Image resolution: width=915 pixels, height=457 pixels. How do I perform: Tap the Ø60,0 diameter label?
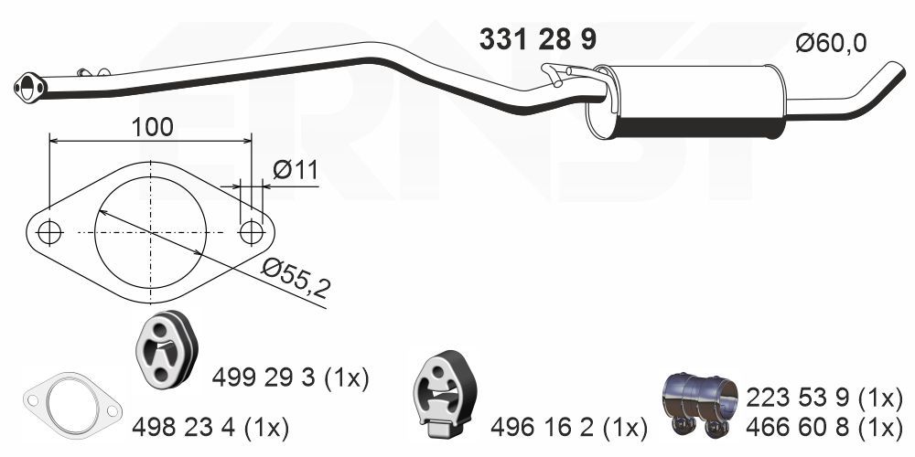tap(831, 43)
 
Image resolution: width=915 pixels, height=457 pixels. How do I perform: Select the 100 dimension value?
tap(151, 126)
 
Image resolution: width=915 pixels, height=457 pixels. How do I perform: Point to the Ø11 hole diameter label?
tap(294, 169)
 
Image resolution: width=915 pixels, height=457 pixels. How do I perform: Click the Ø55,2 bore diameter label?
tap(295, 279)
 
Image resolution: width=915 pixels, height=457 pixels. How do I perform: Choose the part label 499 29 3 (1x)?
tap(290, 377)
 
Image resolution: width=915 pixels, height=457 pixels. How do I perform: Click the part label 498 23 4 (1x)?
tap(210, 426)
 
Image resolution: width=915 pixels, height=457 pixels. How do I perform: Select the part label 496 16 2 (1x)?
tap(568, 426)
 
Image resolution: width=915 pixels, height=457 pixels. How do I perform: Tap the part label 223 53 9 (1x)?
tap(824, 398)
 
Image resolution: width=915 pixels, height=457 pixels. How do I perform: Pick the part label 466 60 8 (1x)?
tap(824, 426)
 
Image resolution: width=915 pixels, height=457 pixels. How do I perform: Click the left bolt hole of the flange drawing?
tap(49, 233)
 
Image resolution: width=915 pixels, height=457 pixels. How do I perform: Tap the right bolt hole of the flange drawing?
tap(251, 233)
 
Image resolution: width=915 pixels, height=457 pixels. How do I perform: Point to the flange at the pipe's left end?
tap(30, 87)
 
